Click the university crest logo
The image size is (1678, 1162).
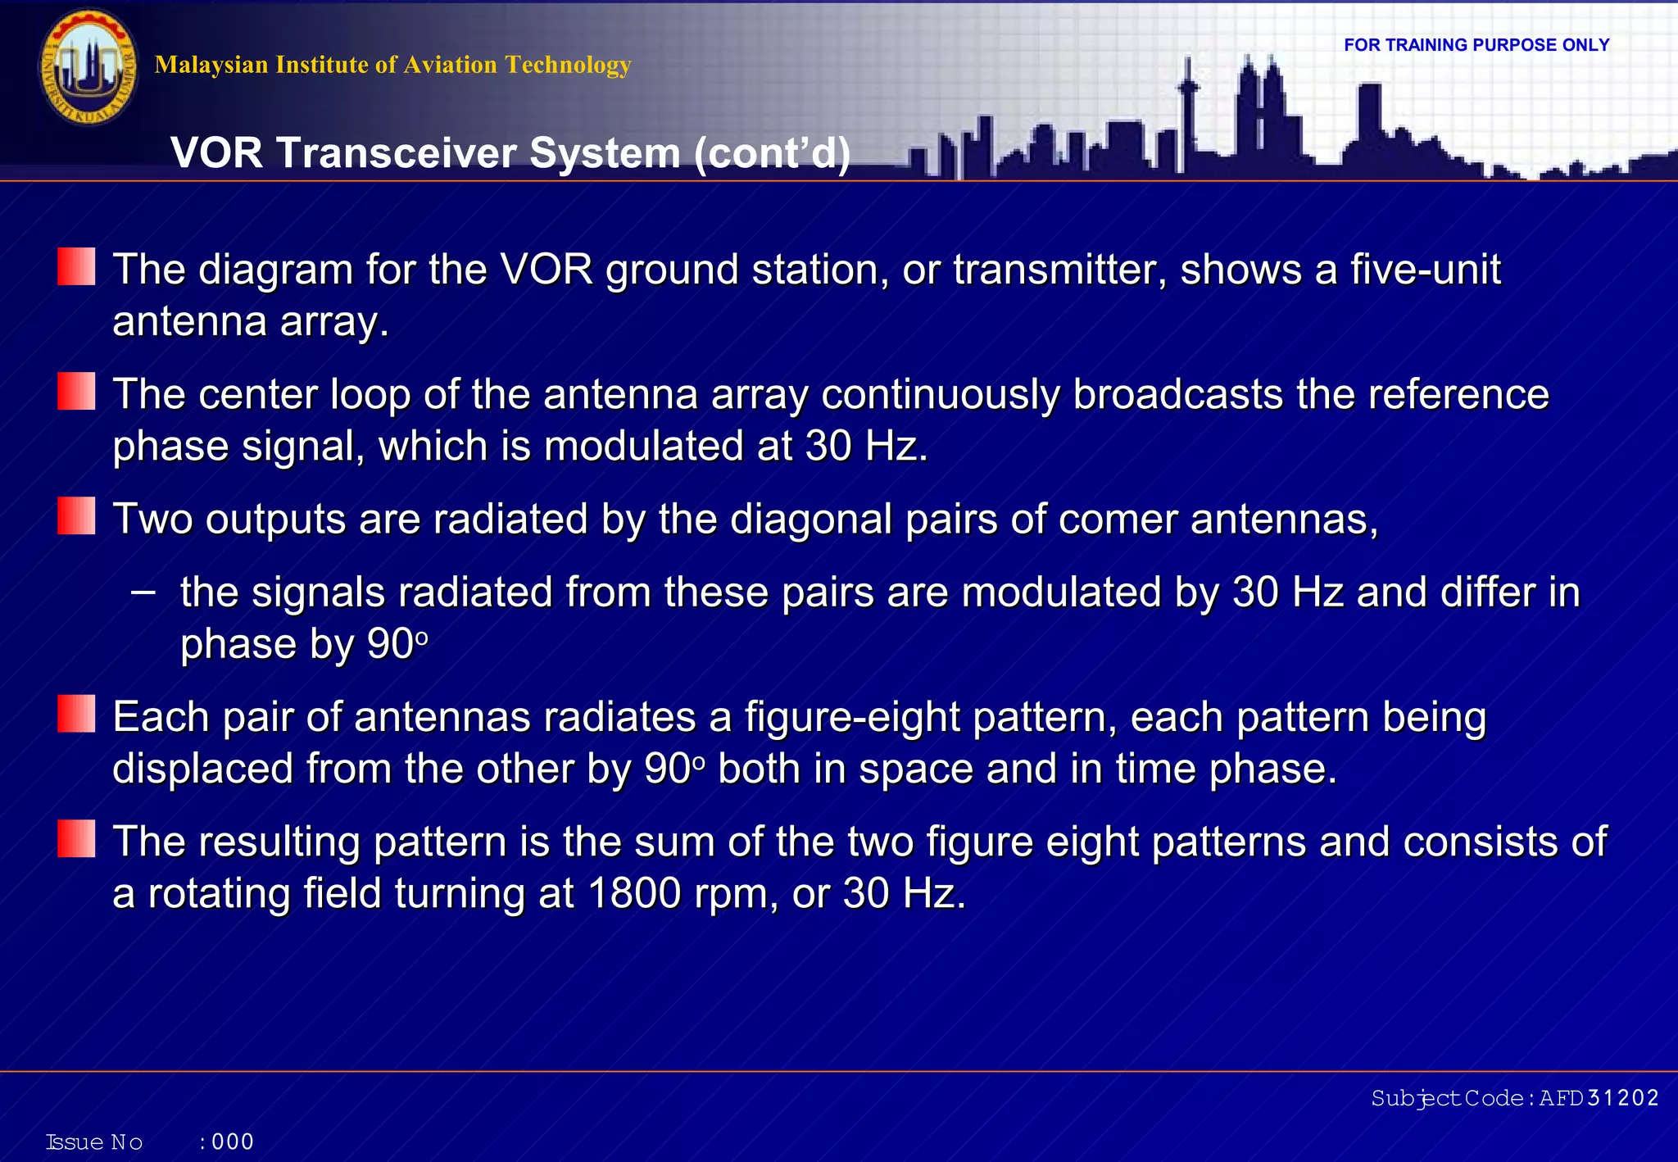tap(88, 67)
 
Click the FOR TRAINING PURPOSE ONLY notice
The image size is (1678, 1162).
tap(1476, 45)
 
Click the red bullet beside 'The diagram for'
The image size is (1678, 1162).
tap(76, 267)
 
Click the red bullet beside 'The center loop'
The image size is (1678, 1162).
tap(76, 392)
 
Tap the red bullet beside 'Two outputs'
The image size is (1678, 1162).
tap(76, 516)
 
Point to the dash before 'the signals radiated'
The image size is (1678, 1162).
tap(143, 591)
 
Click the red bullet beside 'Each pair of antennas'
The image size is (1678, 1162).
tap(76, 714)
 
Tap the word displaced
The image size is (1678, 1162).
tap(202, 769)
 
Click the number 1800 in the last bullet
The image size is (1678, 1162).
tap(633, 894)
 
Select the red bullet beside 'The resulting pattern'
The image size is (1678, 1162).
tap(76, 839)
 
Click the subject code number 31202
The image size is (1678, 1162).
tap(1622, 1098)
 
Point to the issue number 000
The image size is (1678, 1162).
tap(233, 1142)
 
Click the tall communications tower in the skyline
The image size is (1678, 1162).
tap(1188, 107)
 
